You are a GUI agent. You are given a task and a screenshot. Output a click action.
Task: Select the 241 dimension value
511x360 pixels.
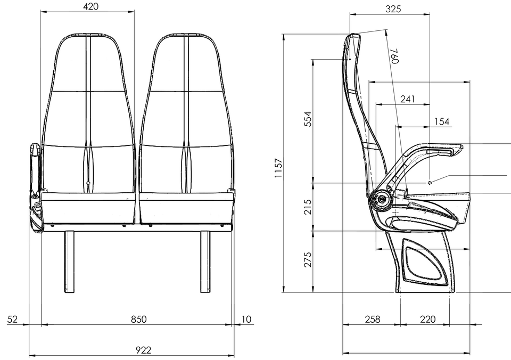406,99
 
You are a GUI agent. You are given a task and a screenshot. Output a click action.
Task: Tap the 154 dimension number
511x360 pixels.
442,121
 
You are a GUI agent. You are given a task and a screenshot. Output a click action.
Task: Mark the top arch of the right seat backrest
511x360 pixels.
184,33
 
